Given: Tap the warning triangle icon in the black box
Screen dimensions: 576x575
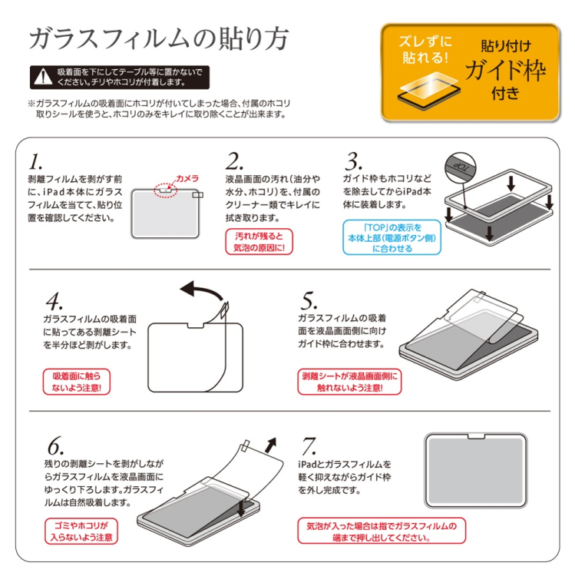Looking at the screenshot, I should (42, 77).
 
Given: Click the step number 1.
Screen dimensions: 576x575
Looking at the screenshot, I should (35, 162).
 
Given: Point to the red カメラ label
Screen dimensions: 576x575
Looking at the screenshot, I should (187, 178).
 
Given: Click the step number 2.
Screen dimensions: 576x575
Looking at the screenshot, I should (234, 162).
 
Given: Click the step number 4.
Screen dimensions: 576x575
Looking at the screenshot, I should (54, 300).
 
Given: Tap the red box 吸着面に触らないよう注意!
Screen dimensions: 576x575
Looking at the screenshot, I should (76, 382).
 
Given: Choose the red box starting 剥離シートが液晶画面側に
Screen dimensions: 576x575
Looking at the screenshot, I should (349, 382).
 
